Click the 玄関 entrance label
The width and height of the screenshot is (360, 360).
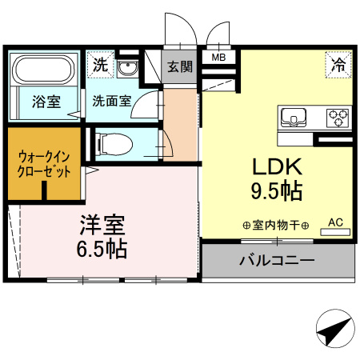(x=180, y=67)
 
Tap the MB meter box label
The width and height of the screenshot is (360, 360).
(x=218, y=58)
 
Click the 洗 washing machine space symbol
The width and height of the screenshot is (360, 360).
(x=99, y=65)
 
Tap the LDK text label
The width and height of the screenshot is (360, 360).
(x=276, y=166)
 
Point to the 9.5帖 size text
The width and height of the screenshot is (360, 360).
(x=276, y=192)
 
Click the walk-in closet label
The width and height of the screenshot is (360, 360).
(x=42, y=163)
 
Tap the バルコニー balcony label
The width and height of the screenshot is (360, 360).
(x=276, y=260)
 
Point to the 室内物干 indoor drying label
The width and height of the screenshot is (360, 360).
(x=275, y=226)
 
